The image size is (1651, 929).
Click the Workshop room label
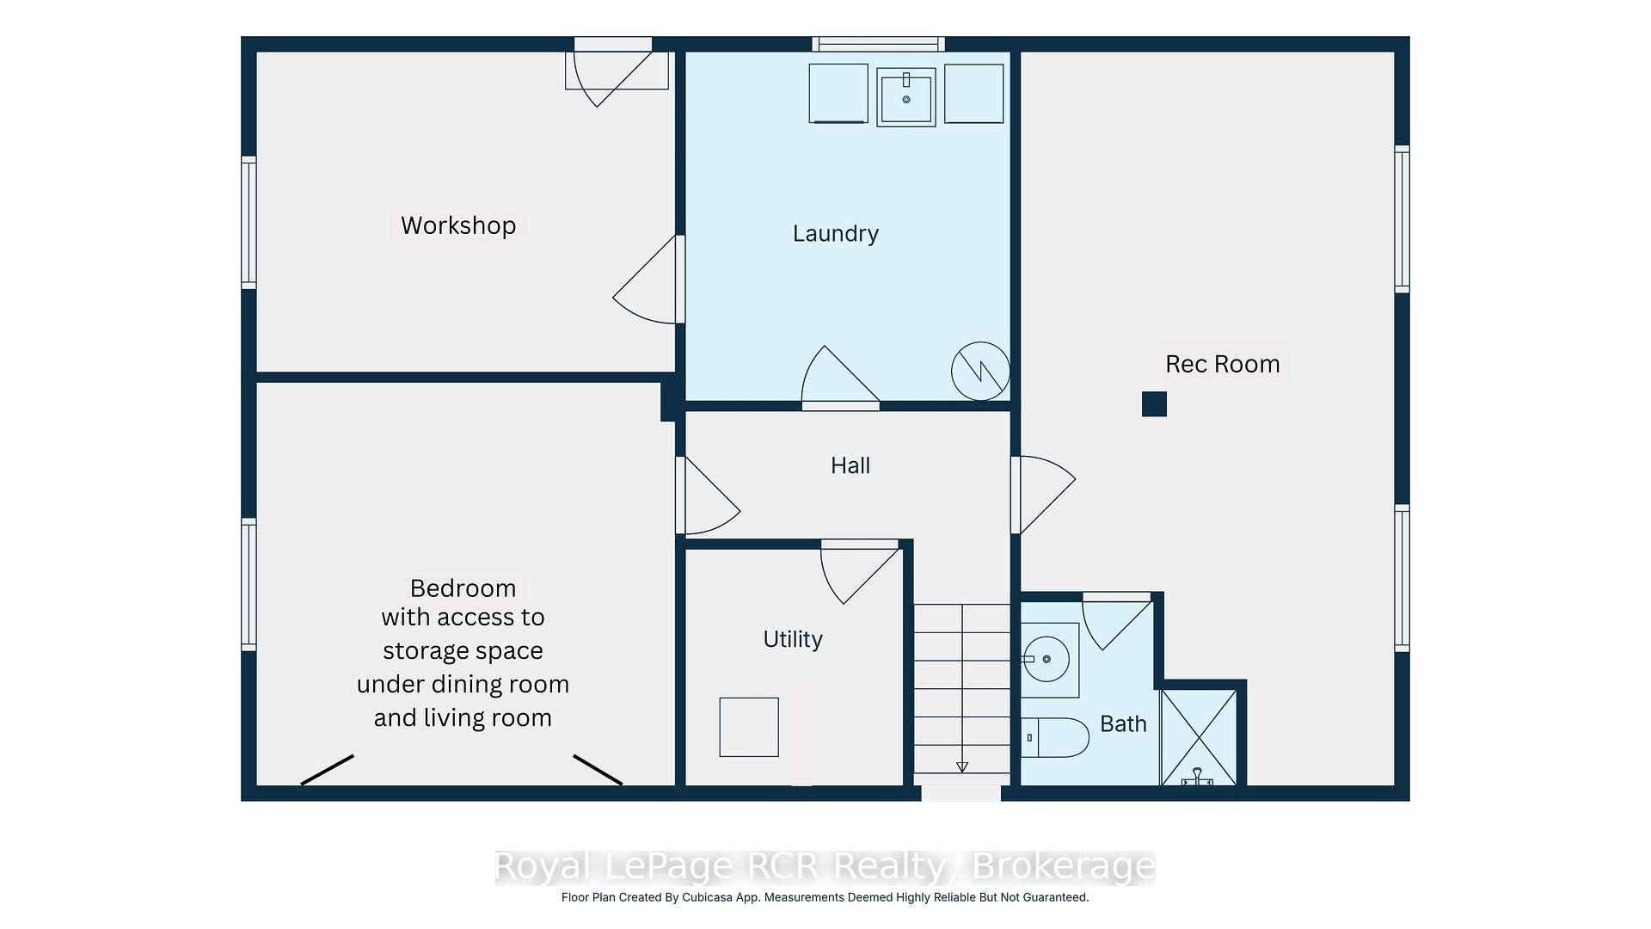[x=458, y=225]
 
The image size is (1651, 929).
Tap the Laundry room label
[x=836, y=234]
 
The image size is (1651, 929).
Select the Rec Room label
[x=1222, y=364]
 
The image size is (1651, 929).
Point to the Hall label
[x=850, y=465]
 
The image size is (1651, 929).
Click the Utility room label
[x=793, y=639]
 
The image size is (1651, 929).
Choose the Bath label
[x=1123, y=724]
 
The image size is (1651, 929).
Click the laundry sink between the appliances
[x=906, y=97]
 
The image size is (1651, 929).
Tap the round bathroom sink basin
[x=1046, y=660]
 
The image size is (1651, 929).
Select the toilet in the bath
[x=1055, y=738]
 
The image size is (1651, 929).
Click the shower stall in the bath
[x=1199, y=737]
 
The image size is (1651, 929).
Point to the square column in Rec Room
[x=1154, y=404]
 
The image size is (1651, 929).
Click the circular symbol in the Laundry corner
[x=980, y=371]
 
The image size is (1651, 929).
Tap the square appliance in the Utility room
[x=749, y=727]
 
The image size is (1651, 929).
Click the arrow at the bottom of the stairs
[x=962, y=766]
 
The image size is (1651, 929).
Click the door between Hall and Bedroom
[x=708, y=495]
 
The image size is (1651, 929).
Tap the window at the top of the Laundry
[x=879, y=44]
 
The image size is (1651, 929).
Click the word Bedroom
[x=463, y=588]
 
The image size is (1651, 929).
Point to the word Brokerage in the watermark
[x=1063, y=867]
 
